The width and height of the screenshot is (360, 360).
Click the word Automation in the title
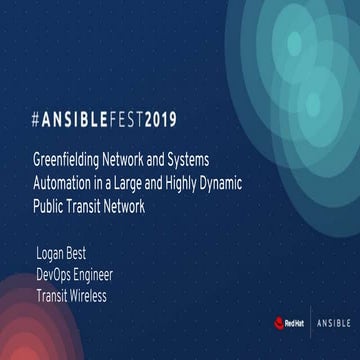[x=65, y=185]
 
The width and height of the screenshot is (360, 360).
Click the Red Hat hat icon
[x=281, y=322]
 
